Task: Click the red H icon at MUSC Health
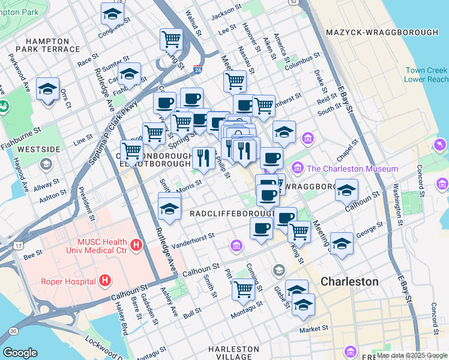pos(137,245)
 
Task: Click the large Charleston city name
pos(349,281)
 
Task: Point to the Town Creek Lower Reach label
pos(426,75)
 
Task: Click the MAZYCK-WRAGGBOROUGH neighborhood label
pos(382,32)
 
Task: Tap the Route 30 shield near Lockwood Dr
pos(13,330)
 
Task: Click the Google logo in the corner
pos(20,353)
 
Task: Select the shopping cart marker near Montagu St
pos(244,288)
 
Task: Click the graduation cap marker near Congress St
pos(112,13)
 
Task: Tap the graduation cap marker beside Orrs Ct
pos(47,89)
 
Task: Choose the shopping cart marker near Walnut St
pos(171,39)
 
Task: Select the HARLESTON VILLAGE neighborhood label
pos(234,353)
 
